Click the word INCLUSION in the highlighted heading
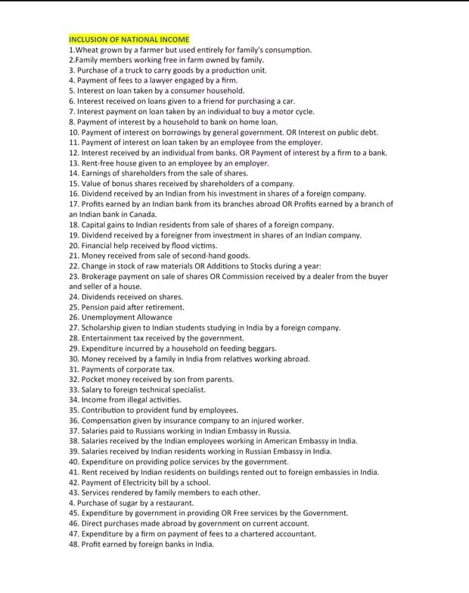pos(86,39)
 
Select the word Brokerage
pos(100,276)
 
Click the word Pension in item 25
pos(95,307)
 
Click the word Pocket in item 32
pos(94,379)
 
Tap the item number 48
pos(73,543)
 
